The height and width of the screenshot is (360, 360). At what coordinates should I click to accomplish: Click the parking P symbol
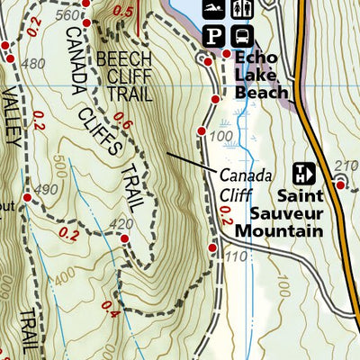point(212,36)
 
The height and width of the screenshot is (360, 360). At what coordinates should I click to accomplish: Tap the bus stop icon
point(242,36)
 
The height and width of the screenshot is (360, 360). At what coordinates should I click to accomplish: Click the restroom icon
point(239,10)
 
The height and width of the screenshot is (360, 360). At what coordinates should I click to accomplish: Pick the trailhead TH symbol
point(304,172)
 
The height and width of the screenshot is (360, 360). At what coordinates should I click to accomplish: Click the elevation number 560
point(66,15)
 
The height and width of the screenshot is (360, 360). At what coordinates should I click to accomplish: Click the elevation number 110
point(237,256)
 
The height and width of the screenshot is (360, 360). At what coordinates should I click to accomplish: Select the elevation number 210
point(341,165)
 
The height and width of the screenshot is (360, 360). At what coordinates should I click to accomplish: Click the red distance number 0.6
point(122,125)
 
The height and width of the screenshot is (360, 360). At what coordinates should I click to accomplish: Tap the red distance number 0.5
point(124,11)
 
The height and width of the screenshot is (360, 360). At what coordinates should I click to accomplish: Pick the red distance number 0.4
point(111,314)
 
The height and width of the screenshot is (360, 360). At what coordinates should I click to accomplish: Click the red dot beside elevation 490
point(28,197)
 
